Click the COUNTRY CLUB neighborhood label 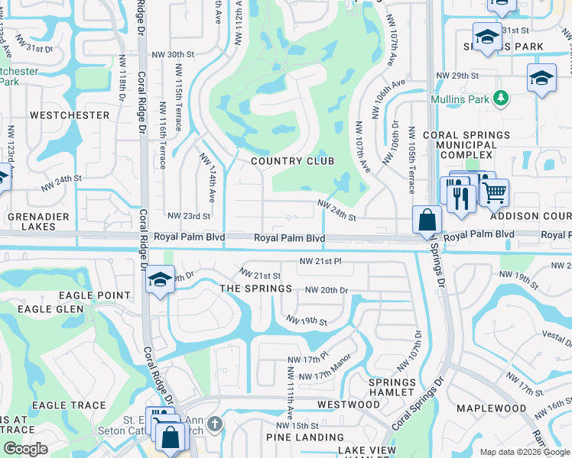coord(293,161)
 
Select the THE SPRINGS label coord(255,289)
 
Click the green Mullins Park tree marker coord(501,98)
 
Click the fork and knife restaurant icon coord(460,198)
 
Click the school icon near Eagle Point coord(161,279)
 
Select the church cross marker coord(216,424)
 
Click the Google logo coord(25,449)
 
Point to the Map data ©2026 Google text coord(524,452)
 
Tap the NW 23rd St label coord(188,217)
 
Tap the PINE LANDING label coord(304,437)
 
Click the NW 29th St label coord(457,76)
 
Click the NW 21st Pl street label coord(320,262)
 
